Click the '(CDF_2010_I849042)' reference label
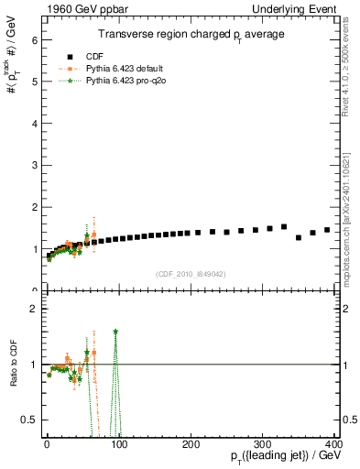(191, 272)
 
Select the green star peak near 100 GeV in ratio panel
(115, 332)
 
